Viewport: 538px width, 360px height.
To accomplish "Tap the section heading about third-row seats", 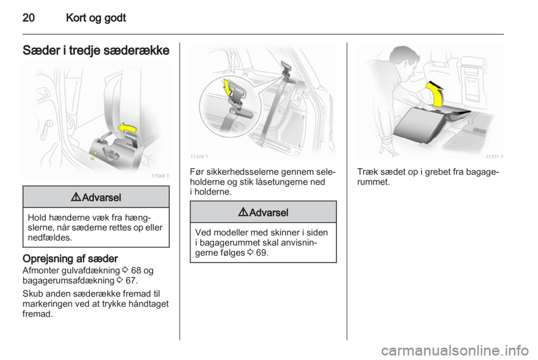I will pos(96,49).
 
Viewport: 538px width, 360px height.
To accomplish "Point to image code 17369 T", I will pos(160,175).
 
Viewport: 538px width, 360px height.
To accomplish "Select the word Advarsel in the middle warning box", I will pos(269,212).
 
